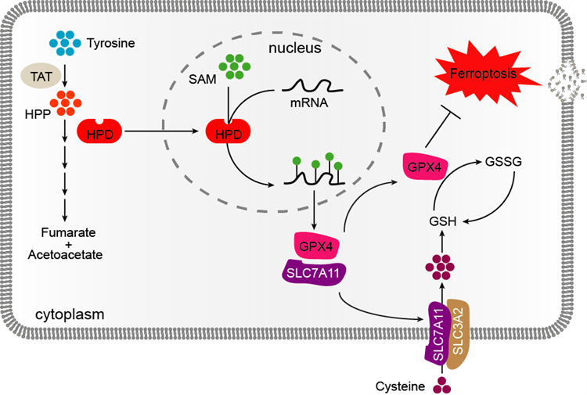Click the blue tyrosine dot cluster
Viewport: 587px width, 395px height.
[65, 41]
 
